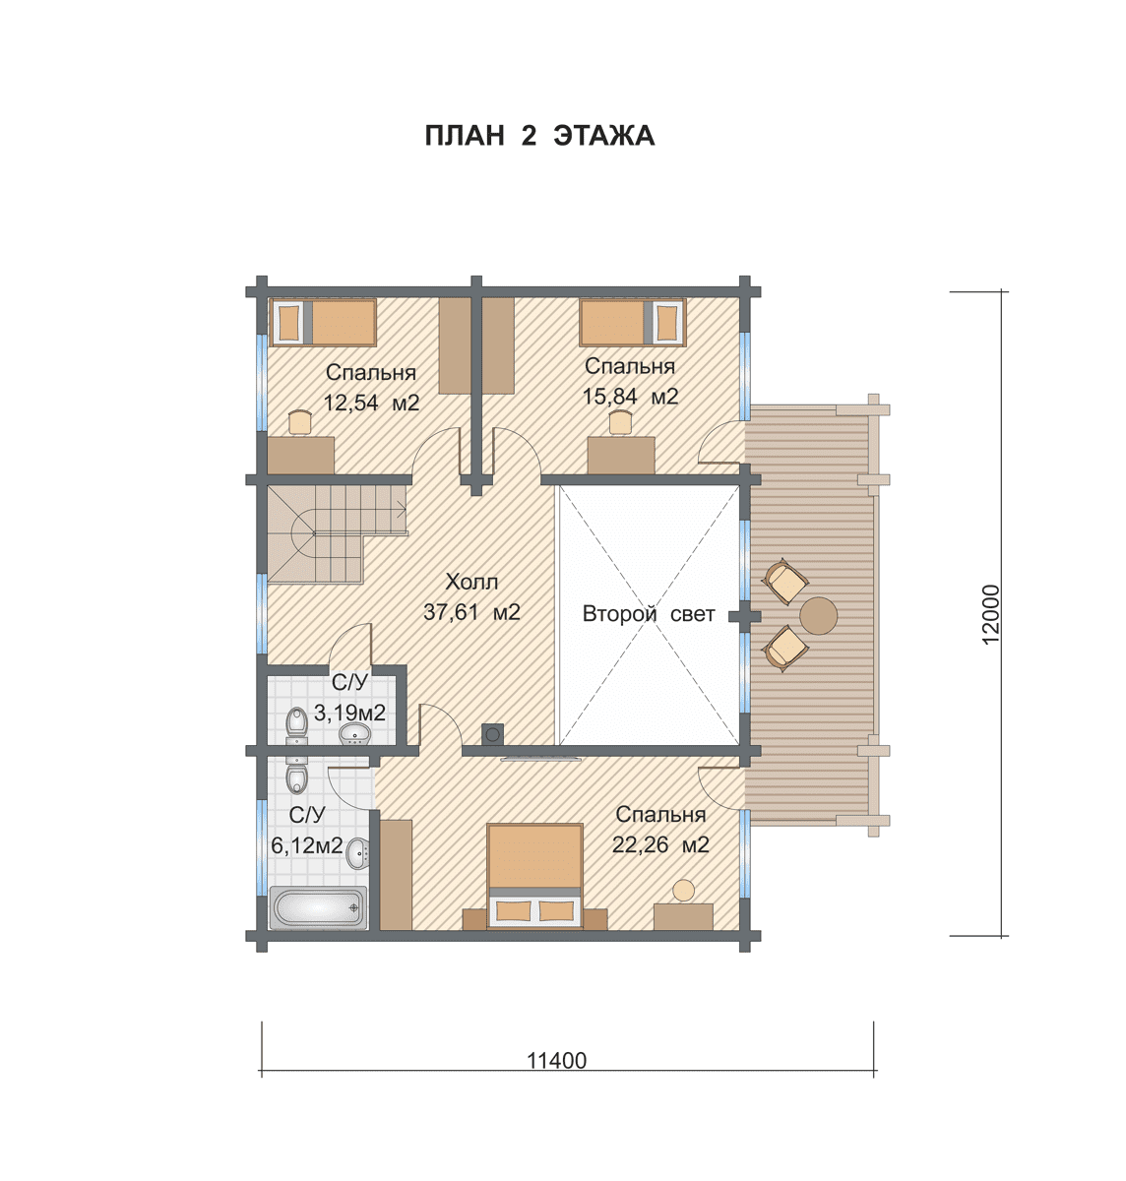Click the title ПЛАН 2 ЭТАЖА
coord(539,136)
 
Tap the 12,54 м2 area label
coord(371,403)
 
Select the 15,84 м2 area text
coord(630,397)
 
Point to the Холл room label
coord(471,582)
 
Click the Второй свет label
coord(649,614)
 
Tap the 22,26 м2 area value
coord(660,844)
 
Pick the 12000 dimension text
coord(991,614)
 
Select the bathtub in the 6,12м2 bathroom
coord(318,907)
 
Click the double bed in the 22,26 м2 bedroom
coord(534,875)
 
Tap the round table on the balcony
coord(818,616)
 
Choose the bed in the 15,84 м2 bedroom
coord(632,323)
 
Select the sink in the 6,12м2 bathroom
coord(358,853)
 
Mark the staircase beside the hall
coord(337,533)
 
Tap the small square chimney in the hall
coord(493,733)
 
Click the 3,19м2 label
coord(349,714)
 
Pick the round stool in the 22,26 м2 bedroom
coord(684,890)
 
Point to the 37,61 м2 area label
coord(471,612)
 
